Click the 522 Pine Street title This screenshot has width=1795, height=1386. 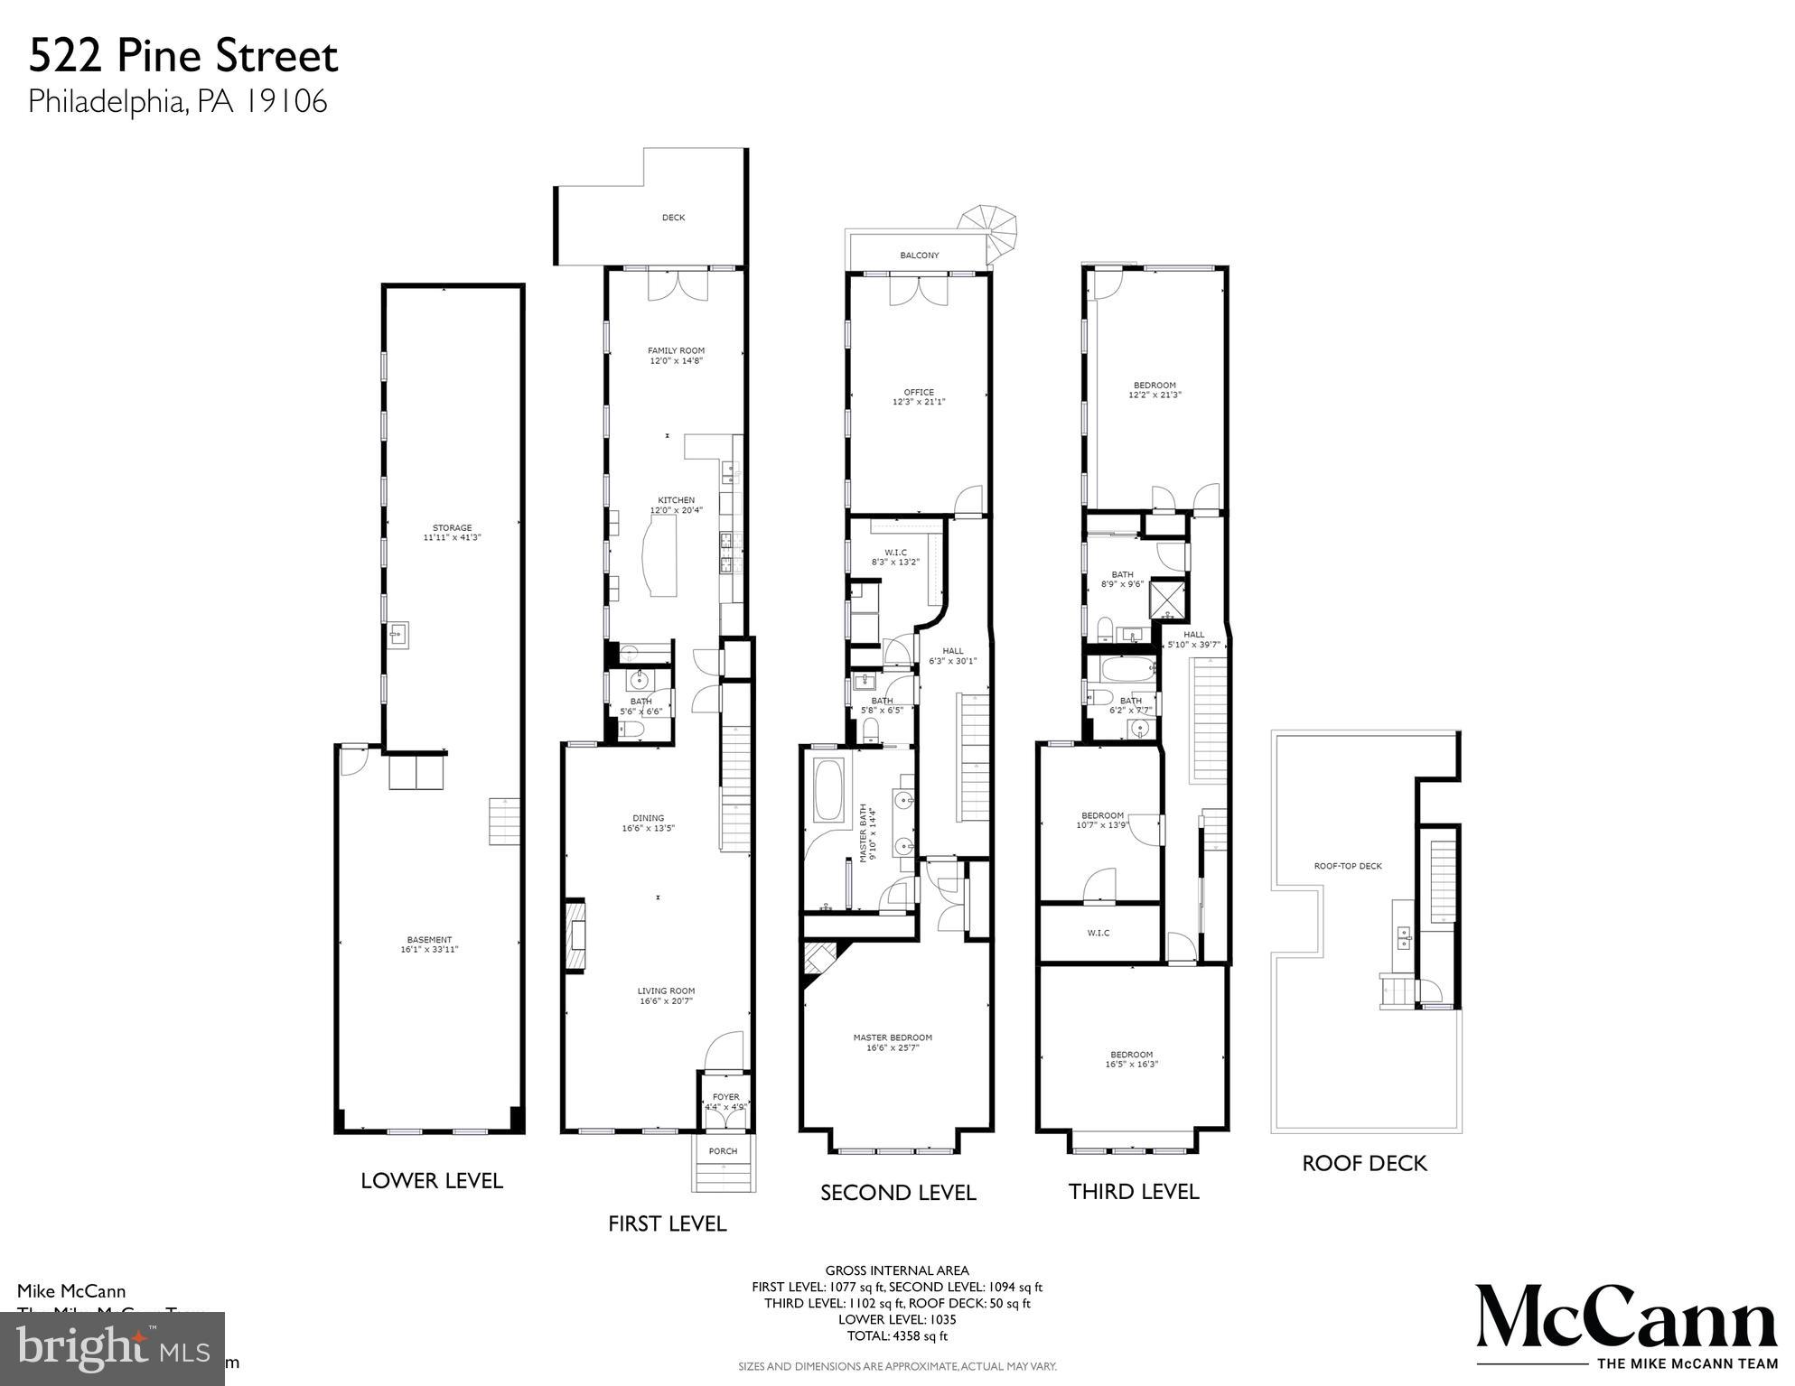tap(183, 57)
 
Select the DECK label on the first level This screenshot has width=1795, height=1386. tap(673, 218)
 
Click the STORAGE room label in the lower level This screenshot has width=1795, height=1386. tap(452, 533)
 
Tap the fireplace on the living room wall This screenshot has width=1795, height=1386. tap(575, 935)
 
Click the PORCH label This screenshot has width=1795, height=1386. tap(723, 1151)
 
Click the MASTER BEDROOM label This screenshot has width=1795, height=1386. tap(893, 1042)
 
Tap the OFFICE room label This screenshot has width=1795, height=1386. tap(919, 397)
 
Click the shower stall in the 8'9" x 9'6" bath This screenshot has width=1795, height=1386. tap(1168, 597)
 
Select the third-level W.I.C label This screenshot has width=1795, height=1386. tap(1099, 933)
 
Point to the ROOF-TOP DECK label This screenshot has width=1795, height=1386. tap(1348, 866)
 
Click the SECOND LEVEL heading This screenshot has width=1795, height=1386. tap(898, 1193)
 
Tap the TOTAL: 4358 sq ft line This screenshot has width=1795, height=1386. tap(897, 1336)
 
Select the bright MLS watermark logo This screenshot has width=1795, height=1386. tap(112, 1349)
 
